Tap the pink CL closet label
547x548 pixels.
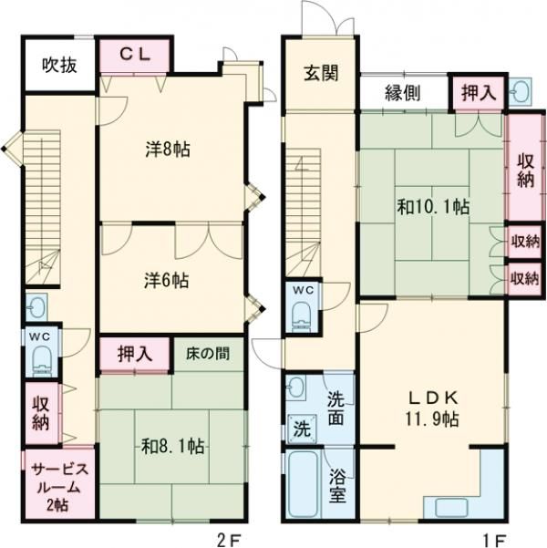134,55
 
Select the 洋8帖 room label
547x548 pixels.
167,150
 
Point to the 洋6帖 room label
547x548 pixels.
167,279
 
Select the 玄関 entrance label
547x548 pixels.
321,73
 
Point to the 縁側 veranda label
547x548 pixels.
402,92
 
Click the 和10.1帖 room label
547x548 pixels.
432,207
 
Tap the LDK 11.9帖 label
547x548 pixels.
432,408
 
